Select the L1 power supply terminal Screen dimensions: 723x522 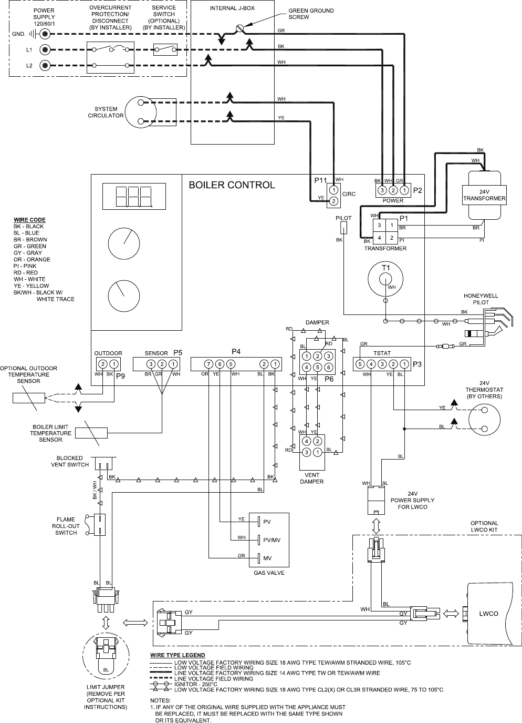46,50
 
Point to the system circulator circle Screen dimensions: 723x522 141,111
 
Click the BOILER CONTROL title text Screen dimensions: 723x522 232,185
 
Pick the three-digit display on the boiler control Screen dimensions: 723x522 133,197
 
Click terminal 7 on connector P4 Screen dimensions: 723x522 208,364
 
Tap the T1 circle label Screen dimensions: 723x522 386,268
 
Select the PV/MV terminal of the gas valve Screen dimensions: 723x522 259,539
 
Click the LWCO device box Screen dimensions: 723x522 489,613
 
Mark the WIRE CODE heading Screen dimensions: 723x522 29,220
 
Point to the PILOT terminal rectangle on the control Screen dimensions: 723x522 343,227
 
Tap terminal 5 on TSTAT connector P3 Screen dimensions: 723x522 360,364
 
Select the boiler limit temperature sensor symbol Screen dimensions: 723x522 95,433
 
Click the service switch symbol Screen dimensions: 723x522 164,49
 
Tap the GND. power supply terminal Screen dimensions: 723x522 46,34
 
